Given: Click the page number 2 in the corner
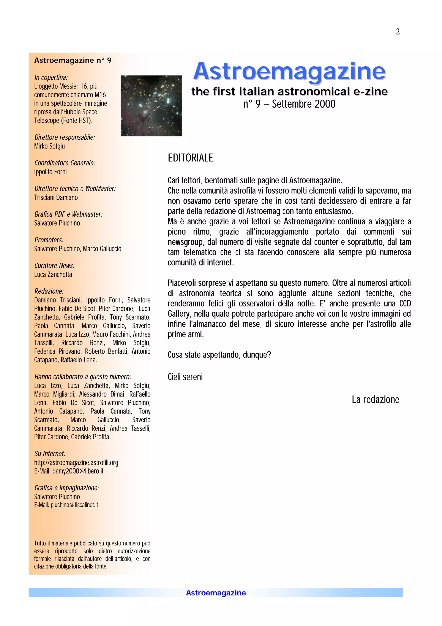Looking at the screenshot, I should click(397, 32).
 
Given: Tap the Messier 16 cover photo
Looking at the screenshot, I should click(151, 106).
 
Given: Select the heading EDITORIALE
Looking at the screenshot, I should click(190, 158).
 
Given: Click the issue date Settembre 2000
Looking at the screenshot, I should click(303, 104).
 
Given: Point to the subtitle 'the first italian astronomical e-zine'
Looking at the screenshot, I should click(289, 92).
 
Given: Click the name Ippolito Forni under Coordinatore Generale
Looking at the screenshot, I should click(50, 172).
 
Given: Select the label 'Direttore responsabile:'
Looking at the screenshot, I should click(65, 137).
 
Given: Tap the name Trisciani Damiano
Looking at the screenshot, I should click(56, 197).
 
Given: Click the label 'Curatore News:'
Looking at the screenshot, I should click(54, 265).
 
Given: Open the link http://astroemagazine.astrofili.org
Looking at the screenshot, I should click(76, 463).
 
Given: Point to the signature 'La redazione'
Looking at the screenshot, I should click(375, 399).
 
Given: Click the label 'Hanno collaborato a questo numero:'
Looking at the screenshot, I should click(82, 377).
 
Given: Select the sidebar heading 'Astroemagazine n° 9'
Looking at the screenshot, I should click(73, 60).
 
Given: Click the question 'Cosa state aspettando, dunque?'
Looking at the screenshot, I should click(219, 355).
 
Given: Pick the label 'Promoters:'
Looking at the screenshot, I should click(49, 240).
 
